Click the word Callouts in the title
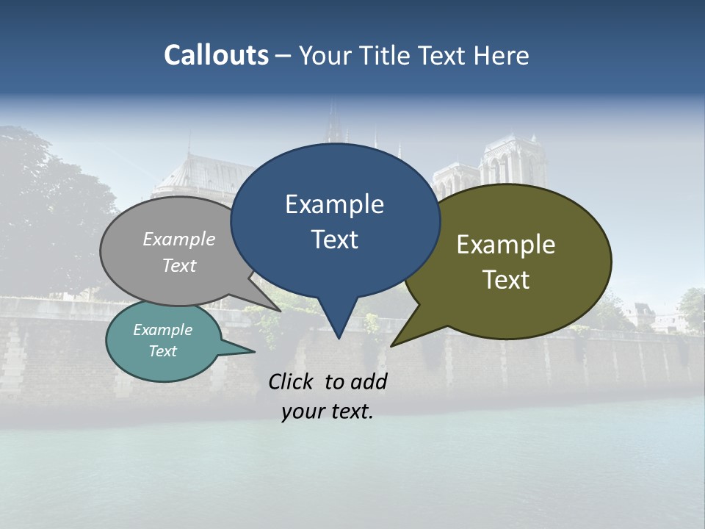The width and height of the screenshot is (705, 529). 217,55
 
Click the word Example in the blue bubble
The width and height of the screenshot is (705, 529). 334,204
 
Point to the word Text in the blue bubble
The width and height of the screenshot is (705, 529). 334,240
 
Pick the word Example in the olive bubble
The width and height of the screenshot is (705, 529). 506,245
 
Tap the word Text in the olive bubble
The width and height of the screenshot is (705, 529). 506,280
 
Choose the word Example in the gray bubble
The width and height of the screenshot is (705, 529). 179,239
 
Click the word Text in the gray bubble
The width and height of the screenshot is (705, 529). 179,265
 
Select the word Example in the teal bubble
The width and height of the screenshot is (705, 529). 163,330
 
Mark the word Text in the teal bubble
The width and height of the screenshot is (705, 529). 163,351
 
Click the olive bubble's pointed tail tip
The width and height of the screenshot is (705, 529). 392,345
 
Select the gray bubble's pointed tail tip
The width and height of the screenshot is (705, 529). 281,311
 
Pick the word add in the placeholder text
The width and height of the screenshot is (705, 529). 369,381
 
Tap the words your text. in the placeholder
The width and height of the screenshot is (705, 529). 328,411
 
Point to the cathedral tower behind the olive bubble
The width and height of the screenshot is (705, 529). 508,162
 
